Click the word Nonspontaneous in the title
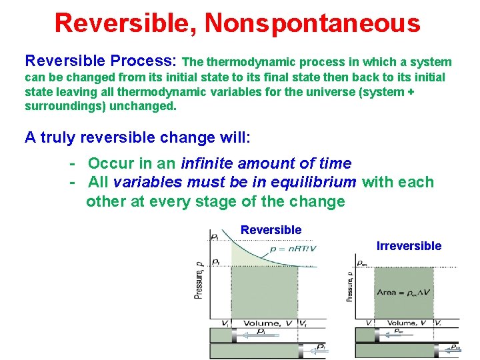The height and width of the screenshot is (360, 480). pos(313,23)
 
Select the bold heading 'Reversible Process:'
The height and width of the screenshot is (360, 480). pos(101,61)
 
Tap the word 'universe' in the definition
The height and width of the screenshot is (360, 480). pos(337,92)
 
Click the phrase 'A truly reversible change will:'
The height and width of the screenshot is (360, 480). pos(137,137)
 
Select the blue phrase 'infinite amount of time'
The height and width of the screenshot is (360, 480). pos(266,163)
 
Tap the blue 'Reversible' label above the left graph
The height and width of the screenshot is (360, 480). pos(271,230)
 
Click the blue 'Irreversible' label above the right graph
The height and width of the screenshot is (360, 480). pos(409,246)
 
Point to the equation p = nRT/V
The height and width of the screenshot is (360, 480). pos(293,249)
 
